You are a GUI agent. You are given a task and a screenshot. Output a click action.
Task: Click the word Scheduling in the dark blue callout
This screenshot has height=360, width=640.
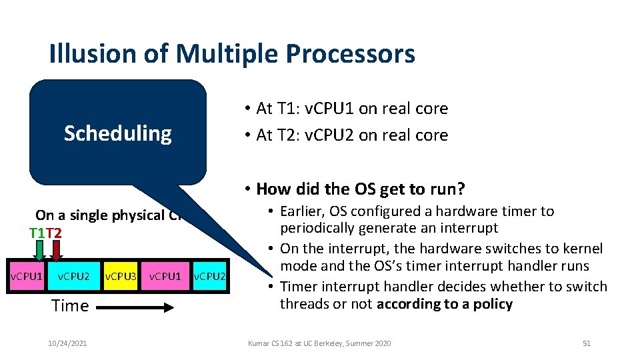click(x=117, y=133)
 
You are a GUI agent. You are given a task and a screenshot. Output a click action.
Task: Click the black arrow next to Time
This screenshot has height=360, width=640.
click(x=137, y=307)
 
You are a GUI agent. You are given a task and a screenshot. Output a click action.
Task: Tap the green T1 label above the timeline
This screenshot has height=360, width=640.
click(x=37, y=233)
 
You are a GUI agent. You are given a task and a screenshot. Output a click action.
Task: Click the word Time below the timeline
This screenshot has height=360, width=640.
click(x=70, y=306)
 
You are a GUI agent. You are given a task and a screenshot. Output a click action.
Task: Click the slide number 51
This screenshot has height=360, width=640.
click(x=587, y=343)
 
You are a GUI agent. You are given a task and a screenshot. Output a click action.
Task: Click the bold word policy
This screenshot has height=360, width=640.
click(x=491, y=305)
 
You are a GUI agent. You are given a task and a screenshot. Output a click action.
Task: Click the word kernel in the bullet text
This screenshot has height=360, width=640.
click(x=584, y=249)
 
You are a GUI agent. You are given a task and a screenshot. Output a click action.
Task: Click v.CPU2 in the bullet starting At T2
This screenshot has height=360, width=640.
click(x=324, y=135)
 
